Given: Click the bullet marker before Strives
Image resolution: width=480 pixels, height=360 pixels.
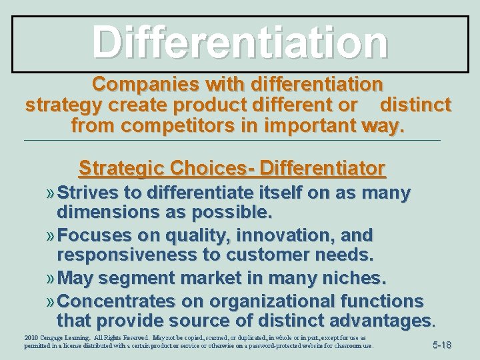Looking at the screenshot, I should tap(51, 194).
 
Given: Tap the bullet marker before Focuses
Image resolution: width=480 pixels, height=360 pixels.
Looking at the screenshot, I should tap(51, 236).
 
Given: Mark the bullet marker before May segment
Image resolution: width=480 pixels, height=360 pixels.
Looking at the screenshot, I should tap(51, 277).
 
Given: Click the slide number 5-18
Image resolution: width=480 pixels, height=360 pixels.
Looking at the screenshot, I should tap(442, 345).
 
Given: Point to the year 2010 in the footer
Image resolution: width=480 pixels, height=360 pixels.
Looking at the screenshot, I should tap(31, 338).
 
